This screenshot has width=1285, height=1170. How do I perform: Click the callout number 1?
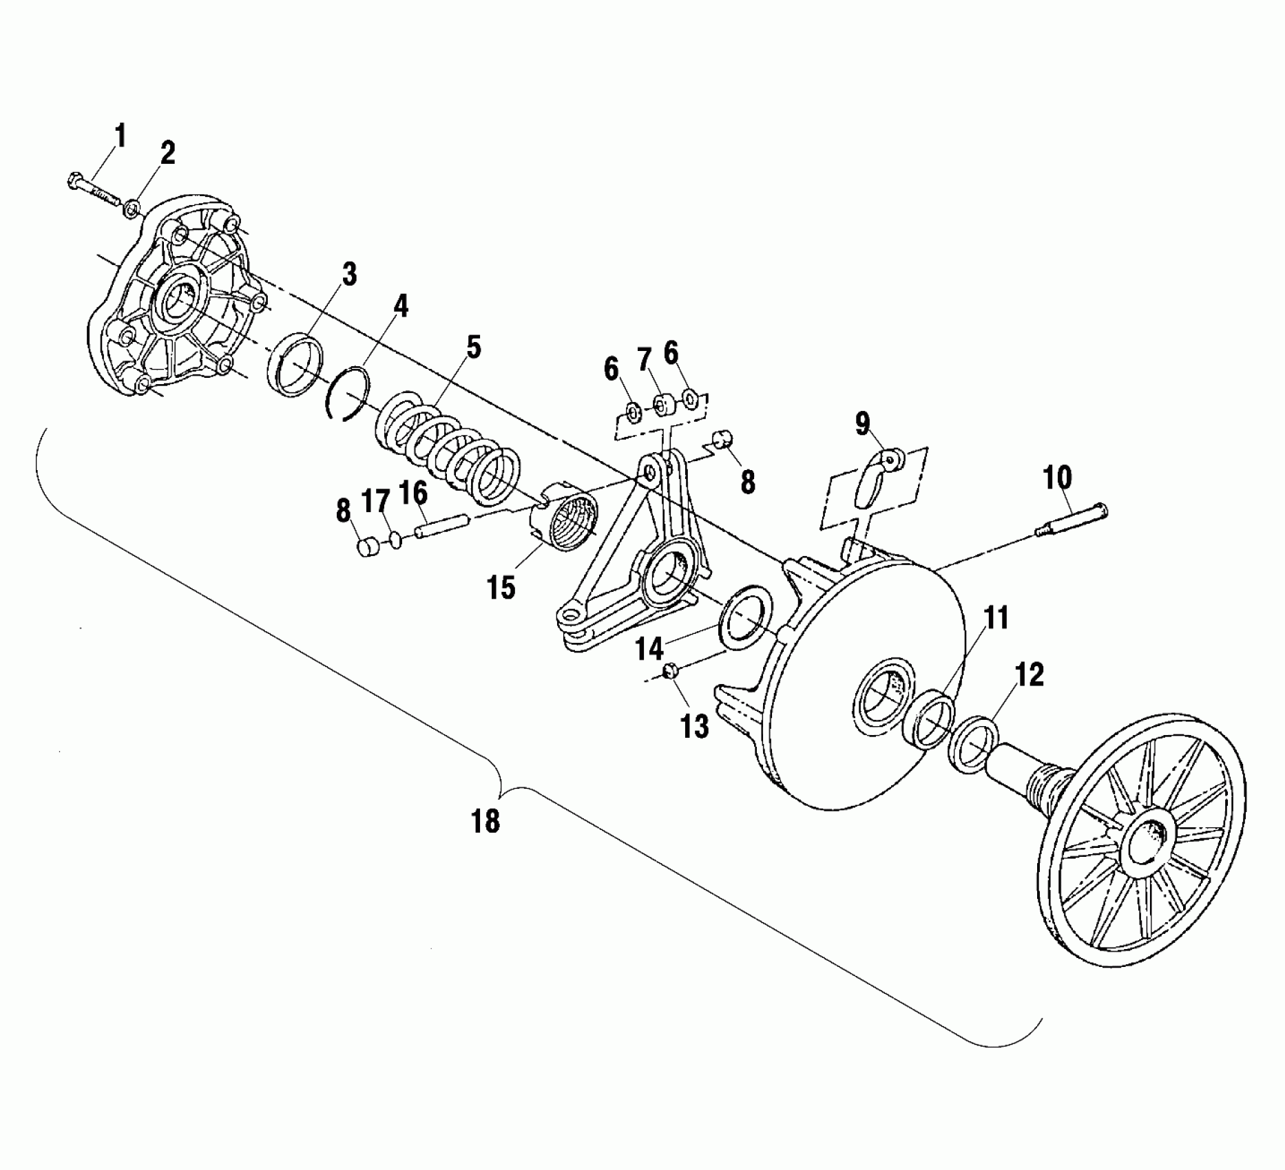pyautogui.click(x=120, y=137)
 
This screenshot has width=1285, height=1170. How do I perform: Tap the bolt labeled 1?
pyautogui.click(x=96, y=191)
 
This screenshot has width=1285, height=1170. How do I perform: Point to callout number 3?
pyautogui.click(x=350, y=274)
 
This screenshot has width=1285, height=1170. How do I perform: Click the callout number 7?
pyautogui.click(x=644, y=359)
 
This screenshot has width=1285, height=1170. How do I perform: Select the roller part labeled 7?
pyautogui.click(x=663, y=405)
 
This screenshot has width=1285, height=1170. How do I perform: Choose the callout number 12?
pyautogui.click(x=1029, y=674)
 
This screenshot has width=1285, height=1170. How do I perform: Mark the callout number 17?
pyautogui.click(x=376, y=501)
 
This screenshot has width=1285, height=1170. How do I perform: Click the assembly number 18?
pyautogui.click(x=485, y=820)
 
